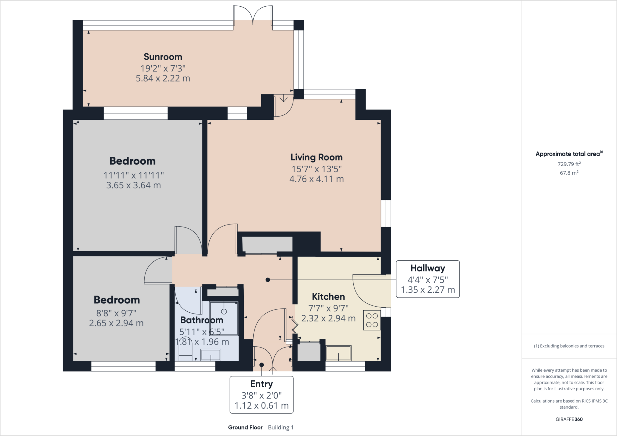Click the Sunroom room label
[x=163, y=57]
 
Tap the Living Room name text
[x=316, y=157]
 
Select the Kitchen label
[x=328, y=297]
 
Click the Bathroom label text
[x=202, y=320]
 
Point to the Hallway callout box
[x=428, y=279]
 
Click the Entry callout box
[x=262, y=395]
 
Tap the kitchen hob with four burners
[x=372, y=320]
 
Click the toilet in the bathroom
[x=185, y=351]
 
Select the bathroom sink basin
[x=211, y=355]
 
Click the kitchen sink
[x=339, y=353]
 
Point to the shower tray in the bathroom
[x=224, y=318]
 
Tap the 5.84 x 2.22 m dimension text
[x=163, y=79]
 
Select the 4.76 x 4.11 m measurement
[x=316, y=179]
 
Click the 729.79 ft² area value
[x=569, y=164]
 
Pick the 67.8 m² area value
[x=569, y=173]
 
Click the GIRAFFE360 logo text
[x=569, y=419]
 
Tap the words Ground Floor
[x=245, y=427]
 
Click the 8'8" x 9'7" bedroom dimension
[x=116, y=313]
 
